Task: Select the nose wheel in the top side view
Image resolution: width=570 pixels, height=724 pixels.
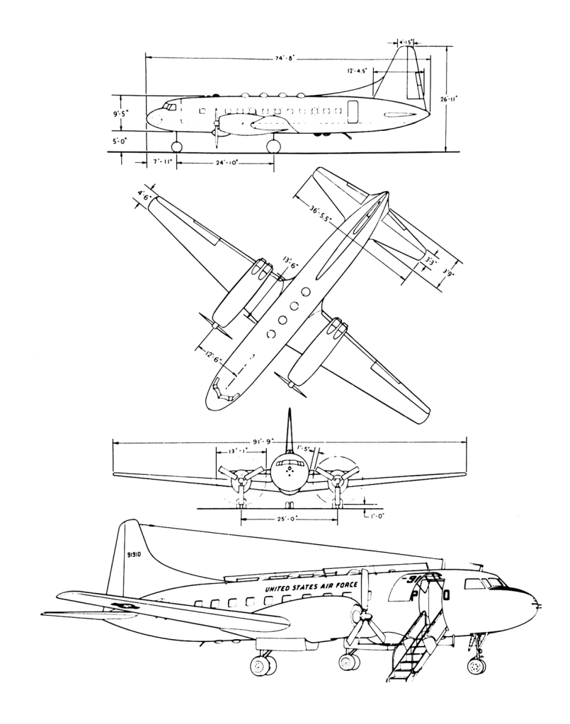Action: [x=176, y=146]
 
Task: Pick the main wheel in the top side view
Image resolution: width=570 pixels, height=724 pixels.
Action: [x=273, y=146]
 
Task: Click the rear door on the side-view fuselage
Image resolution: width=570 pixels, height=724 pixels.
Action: [x=353, y=112]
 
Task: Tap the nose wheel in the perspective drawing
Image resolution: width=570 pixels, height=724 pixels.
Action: [x=477, y=666]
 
